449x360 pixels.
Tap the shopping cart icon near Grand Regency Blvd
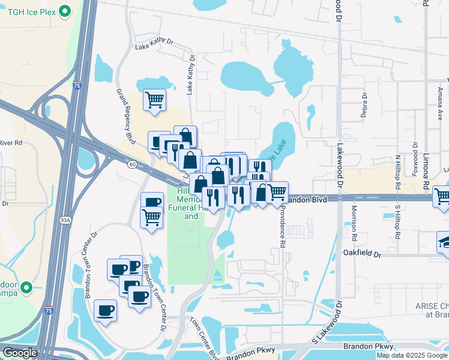click(154, 100)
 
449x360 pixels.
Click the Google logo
click(20, 353)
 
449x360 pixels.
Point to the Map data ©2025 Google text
click(412, 355)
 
